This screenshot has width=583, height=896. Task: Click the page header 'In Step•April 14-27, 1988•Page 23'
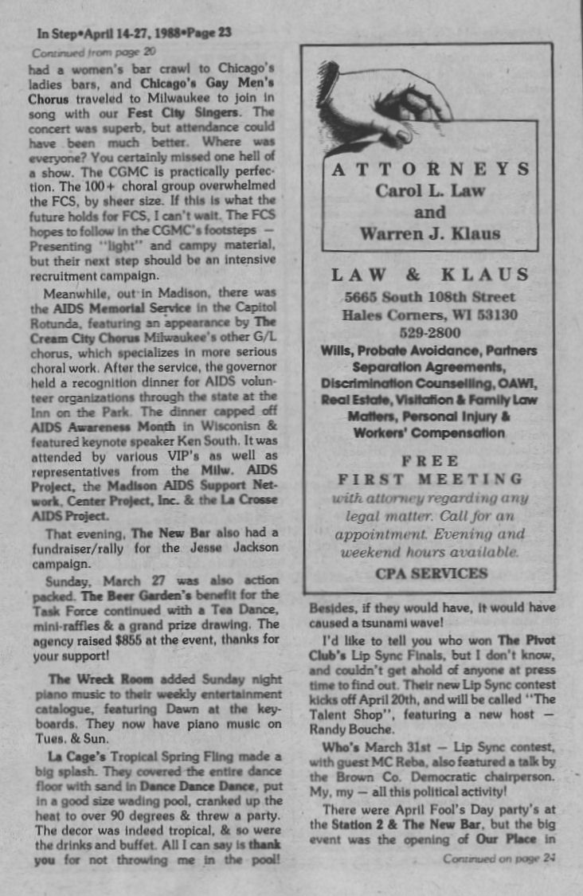134,33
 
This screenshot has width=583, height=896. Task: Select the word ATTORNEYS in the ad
429,169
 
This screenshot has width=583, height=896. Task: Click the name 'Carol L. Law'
429,191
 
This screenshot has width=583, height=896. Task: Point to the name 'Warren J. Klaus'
429,233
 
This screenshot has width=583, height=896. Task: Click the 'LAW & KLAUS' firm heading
429,276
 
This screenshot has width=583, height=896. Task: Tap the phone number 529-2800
429,332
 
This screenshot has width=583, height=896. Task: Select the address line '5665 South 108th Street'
429,297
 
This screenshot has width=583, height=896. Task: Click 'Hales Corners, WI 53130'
429,315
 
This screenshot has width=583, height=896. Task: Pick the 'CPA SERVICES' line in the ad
430,573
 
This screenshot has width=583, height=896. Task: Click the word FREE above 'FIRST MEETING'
429,460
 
